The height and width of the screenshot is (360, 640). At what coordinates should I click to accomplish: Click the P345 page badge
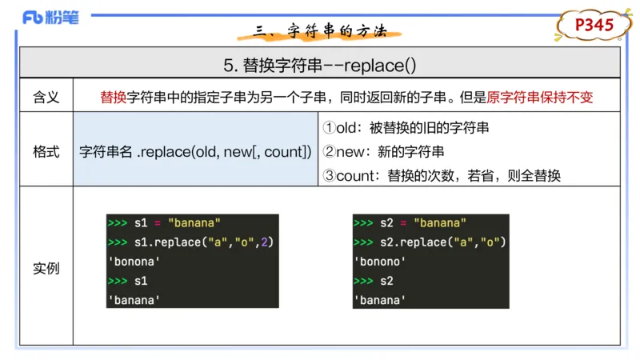point(594,26)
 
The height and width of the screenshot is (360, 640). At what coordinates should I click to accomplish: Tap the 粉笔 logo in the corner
point(50,18)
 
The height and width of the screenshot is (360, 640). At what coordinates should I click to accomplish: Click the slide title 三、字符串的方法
point(320,31)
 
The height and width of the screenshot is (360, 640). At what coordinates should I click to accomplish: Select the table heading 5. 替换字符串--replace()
point(319,62)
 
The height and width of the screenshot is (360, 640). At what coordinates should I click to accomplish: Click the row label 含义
point(46,97)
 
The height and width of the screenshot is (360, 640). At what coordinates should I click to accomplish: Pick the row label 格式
point(46,151)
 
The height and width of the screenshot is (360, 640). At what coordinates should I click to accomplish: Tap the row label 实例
point(46,268)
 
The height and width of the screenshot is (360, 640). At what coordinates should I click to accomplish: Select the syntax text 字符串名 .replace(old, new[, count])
point(196,151)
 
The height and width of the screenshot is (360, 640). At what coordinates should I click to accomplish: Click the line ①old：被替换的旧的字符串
point(406,127)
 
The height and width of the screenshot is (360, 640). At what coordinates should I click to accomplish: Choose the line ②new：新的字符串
point(383,151)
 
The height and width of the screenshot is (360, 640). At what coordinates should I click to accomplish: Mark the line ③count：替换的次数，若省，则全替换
point(441,175)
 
